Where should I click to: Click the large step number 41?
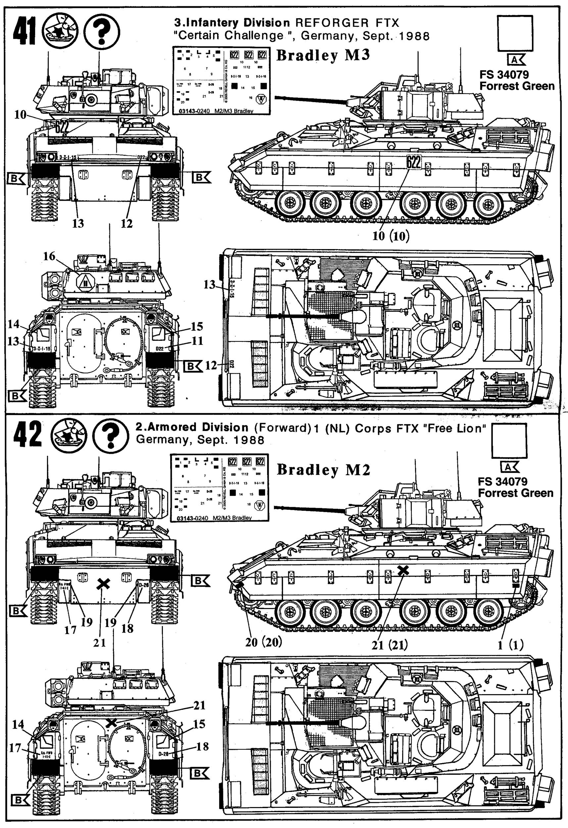[24, 31]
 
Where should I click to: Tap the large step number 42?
[27, 434]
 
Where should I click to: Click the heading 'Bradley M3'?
[323, 55]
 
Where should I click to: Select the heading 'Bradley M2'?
[323, 469]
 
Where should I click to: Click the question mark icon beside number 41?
[102, 31]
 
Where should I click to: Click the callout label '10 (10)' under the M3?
[391, 236]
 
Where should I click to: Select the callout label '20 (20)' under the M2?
[263, 642]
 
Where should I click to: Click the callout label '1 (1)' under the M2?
[511, 645]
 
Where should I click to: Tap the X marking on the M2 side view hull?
[403, 570]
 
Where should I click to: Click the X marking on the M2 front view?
[103, 583]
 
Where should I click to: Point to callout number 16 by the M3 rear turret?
[50, 256]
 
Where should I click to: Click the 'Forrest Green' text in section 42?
[515, 493]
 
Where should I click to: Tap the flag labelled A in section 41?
[515, 60]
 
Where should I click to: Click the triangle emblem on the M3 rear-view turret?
[85, 283]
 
